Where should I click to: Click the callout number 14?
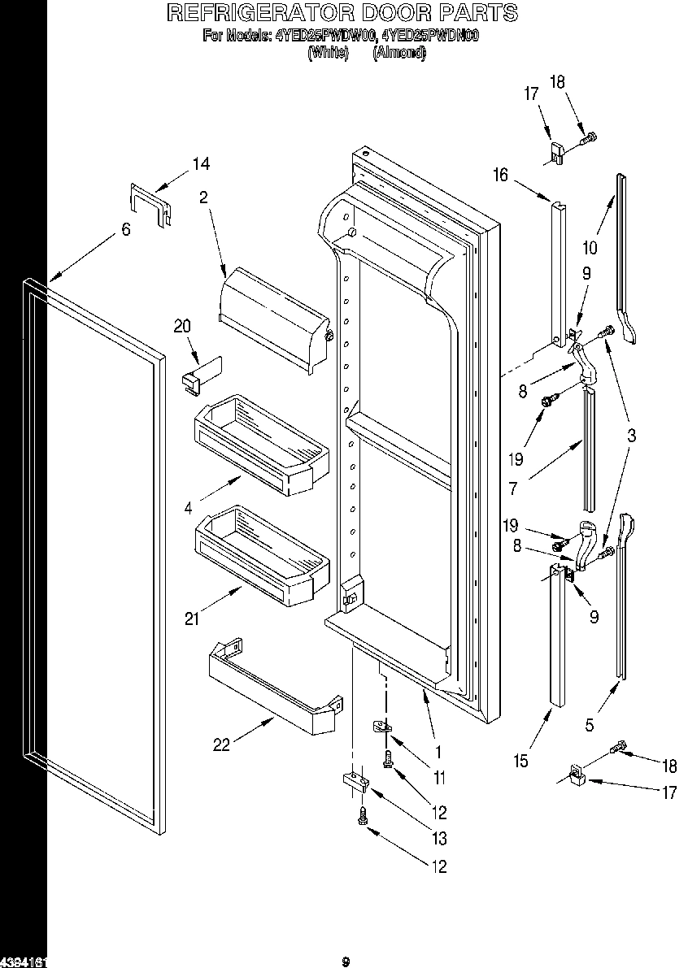click(x=200, y=164)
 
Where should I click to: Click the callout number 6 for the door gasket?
click(x=125, y=230)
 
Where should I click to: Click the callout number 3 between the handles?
click(x=631, y=436)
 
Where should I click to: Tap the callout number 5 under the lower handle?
click(x=590, y=725)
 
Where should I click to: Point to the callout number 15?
click(x=520, y=761)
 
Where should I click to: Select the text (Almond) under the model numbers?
click(x=398, y=53)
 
